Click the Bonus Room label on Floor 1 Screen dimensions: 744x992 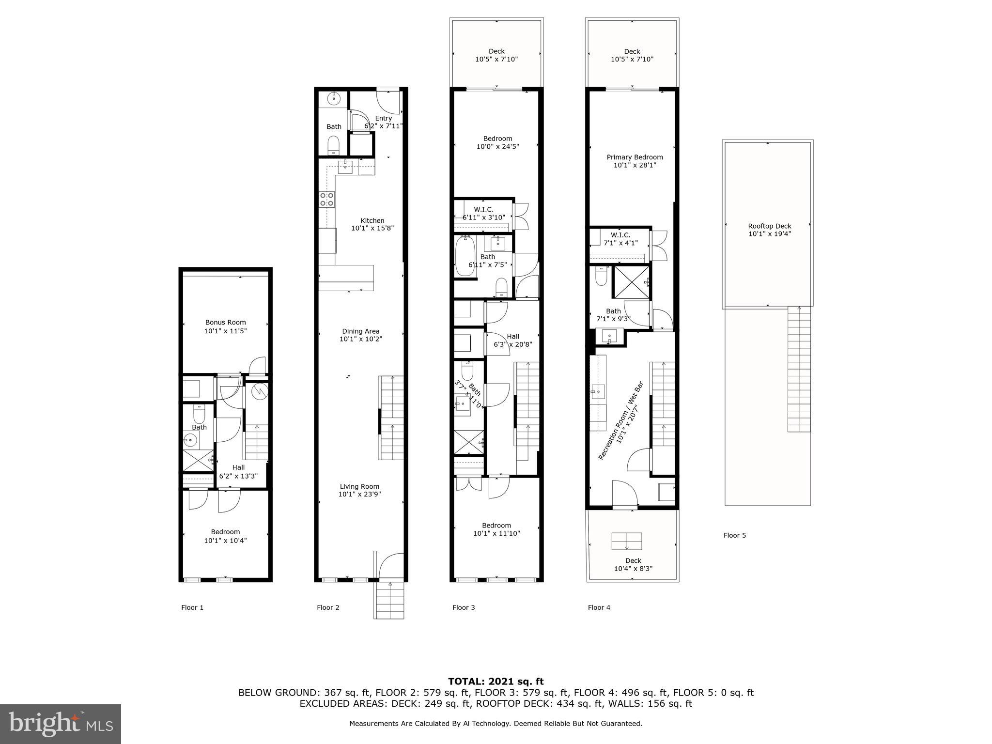click(x=225, y=323)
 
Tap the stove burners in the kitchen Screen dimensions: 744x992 click(x=327, y=199)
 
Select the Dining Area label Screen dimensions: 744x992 click(x=360, y=332)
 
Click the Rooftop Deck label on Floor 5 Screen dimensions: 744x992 click(x=769, y=226)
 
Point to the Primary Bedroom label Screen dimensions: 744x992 click(x=635, y=157)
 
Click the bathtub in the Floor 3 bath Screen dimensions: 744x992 click(x=465, y=256)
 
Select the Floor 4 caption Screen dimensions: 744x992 click(x=599, y=607)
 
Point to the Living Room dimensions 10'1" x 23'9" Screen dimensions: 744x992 click(x=360, y=495)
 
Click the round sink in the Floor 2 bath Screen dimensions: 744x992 click(x=334, y=99)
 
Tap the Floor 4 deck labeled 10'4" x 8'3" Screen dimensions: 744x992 click(x=633, y=564)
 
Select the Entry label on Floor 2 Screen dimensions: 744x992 click(x=383, y=118)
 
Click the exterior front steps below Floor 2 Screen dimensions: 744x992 click(x=388, y=600)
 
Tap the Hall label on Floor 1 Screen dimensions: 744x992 click(x=238, y=467)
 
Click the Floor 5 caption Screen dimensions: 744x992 click(x=734, y=535)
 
